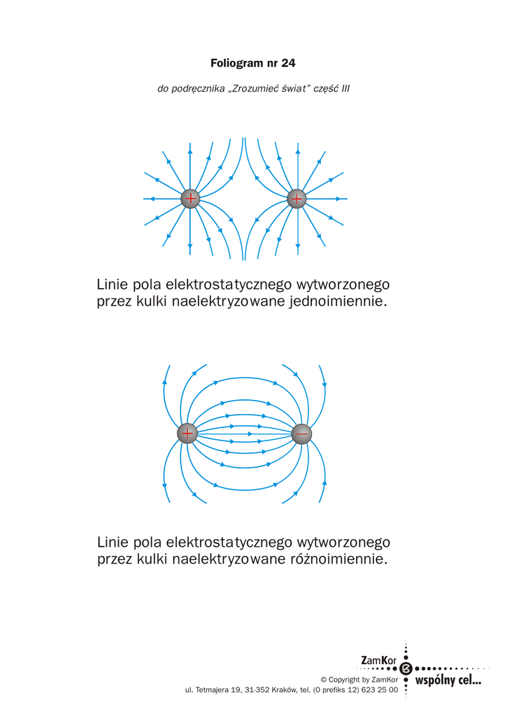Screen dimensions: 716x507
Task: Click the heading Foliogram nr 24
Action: (x=253, y=64)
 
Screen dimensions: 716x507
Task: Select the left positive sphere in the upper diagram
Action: (x=190, y=199)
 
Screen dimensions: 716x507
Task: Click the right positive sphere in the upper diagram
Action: (x=297, y=199)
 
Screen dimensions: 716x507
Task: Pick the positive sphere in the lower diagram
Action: (x=187, y=434)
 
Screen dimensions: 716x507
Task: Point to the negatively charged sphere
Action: (x=301, y=434)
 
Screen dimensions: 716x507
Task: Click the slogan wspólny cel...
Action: (x=448, y=680)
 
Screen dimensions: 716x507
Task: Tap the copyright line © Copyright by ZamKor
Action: (x=359, y=680)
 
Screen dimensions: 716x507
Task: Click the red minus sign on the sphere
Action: (x=301, y=434)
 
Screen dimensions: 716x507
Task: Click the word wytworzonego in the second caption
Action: (x=343, y=543)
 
